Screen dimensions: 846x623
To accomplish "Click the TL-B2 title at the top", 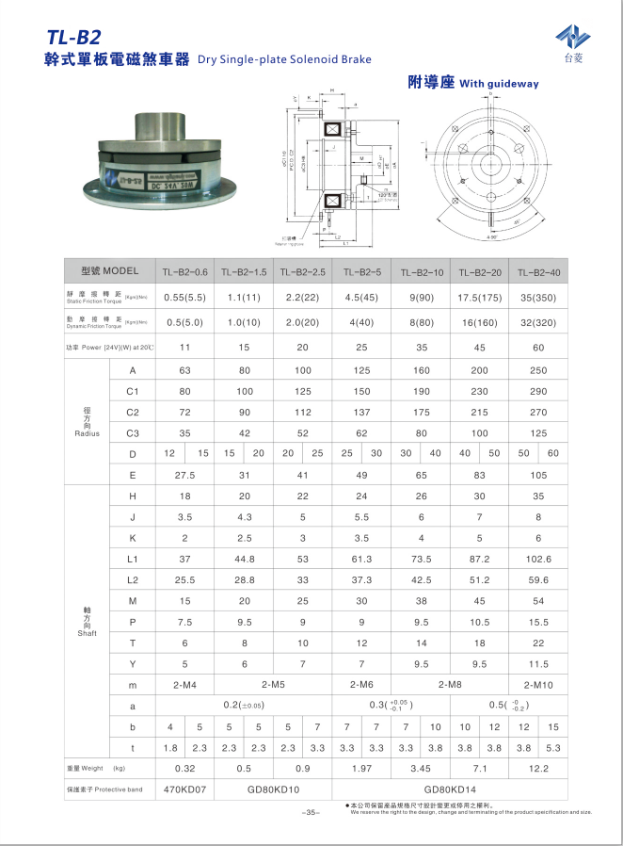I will point(73,38).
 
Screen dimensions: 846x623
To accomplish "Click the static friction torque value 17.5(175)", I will point(479,297).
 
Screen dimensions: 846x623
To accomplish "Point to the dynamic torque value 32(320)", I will point(538,321).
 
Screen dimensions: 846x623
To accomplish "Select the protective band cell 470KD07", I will point(184,789).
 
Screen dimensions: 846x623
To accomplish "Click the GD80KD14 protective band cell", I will point(450,789).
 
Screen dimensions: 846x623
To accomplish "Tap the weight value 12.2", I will point(538,768).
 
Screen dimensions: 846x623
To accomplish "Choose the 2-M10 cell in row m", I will point(538,683).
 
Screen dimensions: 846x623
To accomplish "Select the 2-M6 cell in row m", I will point(361,683).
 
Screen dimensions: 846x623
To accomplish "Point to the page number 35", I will point(311,812).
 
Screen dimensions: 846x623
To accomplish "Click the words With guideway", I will point(499,84).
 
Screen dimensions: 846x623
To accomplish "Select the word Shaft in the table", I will point(87,633).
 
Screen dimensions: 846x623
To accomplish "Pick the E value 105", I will point(538,474).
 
